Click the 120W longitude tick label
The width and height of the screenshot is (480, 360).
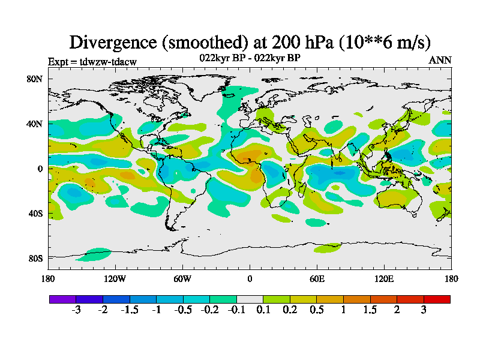pyautogui.click(x=115, y=278)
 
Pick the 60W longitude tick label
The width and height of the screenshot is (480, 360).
pyautogui.click(x=182, y=278)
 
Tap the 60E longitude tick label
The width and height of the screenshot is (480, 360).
pyautogui.click(x=317, y=278)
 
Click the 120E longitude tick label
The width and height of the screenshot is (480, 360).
pyautogui.click(x=384, y=278)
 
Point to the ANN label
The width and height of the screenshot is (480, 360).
pyautogui.click(x=440, y=60)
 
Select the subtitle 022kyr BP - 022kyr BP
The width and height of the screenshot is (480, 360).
pyautogui.click(x=250, y=58)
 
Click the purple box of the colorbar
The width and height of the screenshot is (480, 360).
pyautogui.click(x=62, y=299)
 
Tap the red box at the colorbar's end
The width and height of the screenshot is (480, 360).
pyautogui.click(x=437, y=299)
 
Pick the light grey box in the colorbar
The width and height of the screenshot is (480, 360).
pyautogui.click(x=250, y=299)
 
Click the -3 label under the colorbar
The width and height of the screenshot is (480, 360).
pyautogui.click(x=76, y=310)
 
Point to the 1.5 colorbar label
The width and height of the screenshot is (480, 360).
pyautogui.click(x=370, y=310)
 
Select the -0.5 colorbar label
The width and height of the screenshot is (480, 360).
pyautogui.click(x=183, y=310)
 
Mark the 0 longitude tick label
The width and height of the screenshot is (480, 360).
pyautogui.click(x=250, y=278)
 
